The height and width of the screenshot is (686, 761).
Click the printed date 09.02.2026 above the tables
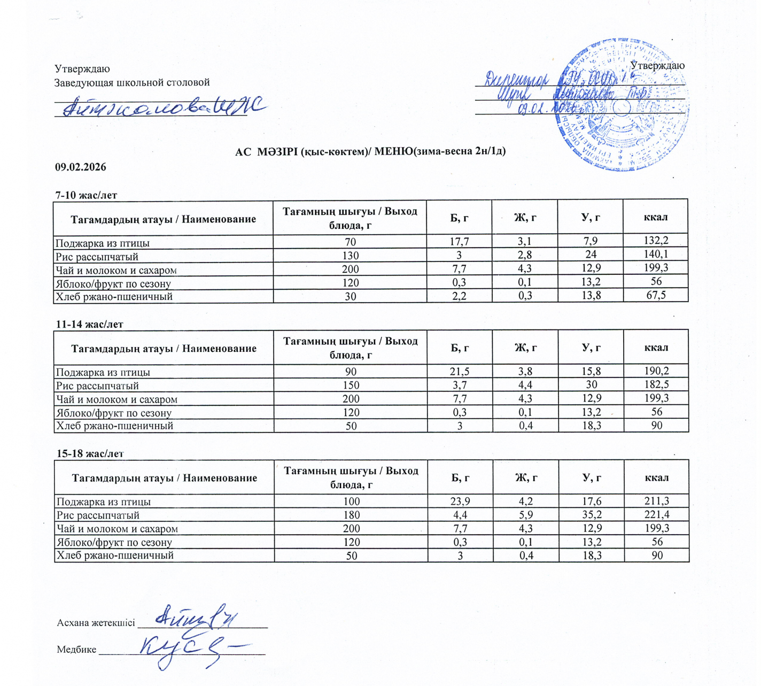pyautogui.click(x=81, y=167)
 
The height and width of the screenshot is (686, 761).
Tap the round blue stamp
pyautogui.click(x=623, y=105)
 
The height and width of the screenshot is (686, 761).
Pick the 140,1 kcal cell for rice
pyautogui.click(x=656, y=255)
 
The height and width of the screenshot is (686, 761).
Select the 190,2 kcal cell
pyautogui.click(x=657, y=371)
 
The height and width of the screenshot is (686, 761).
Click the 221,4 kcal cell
pyautogui.click(x=657, y=514)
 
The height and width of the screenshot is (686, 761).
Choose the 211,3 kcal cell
pyautogui.click(x=657, y=501)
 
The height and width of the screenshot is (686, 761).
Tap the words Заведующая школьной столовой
pyautogui.click(x=132, y=82)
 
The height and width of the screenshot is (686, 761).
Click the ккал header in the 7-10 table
pyautogui.click(x=656, y=217)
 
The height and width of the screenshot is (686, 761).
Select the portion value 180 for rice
pyautogui.click(x=351, y=515)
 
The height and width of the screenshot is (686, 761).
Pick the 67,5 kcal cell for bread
pyautogui.click(x=656, y=295)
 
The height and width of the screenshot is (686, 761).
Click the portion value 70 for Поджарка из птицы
pyautogui.click(x=350, y=242)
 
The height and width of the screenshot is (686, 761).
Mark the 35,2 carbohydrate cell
pyautogui.click(x=592, y=514)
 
